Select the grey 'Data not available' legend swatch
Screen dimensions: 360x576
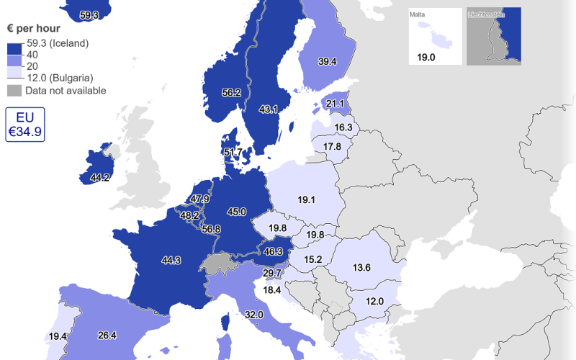point(14,91)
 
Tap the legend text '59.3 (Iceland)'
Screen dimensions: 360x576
point(57,43)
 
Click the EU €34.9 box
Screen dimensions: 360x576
point(25,125)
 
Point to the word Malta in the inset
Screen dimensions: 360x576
point(418,14)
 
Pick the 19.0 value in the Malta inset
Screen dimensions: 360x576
point(427,58)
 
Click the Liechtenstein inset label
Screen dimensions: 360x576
point(484,14)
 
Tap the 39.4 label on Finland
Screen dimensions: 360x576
point(328,62)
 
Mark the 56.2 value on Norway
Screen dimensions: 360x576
point(231,93)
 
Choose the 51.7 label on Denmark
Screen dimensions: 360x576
point(233,153)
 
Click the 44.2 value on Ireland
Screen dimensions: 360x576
point(99,177)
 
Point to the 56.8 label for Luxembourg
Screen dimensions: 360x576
point(211,229)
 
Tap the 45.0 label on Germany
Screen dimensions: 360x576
point(237,212)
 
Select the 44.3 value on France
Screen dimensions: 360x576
point(171,260)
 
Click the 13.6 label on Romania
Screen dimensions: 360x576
point(361,268)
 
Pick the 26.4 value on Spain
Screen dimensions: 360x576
point(107,335)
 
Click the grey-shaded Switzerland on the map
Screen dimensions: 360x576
point(220,264)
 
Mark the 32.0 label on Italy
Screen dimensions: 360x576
point(253,315)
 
